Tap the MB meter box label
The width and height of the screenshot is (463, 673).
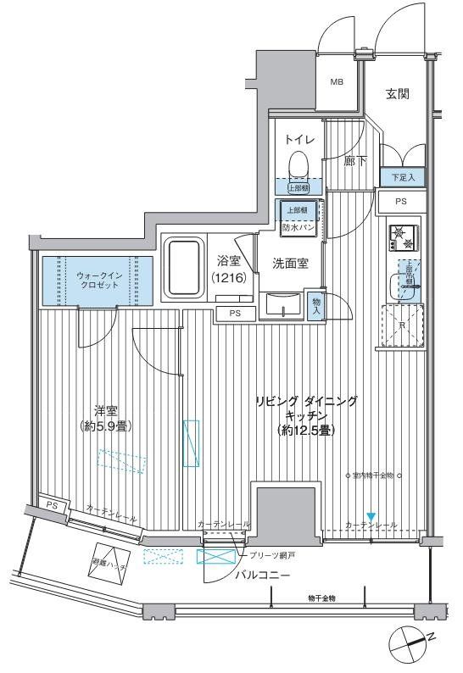tap(337, 82)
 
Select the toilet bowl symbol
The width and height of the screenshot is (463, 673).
tap(298, 162)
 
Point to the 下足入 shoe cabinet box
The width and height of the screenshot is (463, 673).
tap(401, 178)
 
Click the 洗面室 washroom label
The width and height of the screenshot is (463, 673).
tap(290, 264)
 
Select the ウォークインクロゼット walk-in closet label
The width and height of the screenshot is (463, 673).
tap(98, 281)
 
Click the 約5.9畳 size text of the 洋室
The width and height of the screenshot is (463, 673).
tap(108, 426)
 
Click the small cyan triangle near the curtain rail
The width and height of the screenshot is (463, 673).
tap(370, 517)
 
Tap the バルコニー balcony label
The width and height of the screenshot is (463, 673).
tap(262, 575)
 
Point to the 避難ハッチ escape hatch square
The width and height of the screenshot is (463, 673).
tap(106, 561)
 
